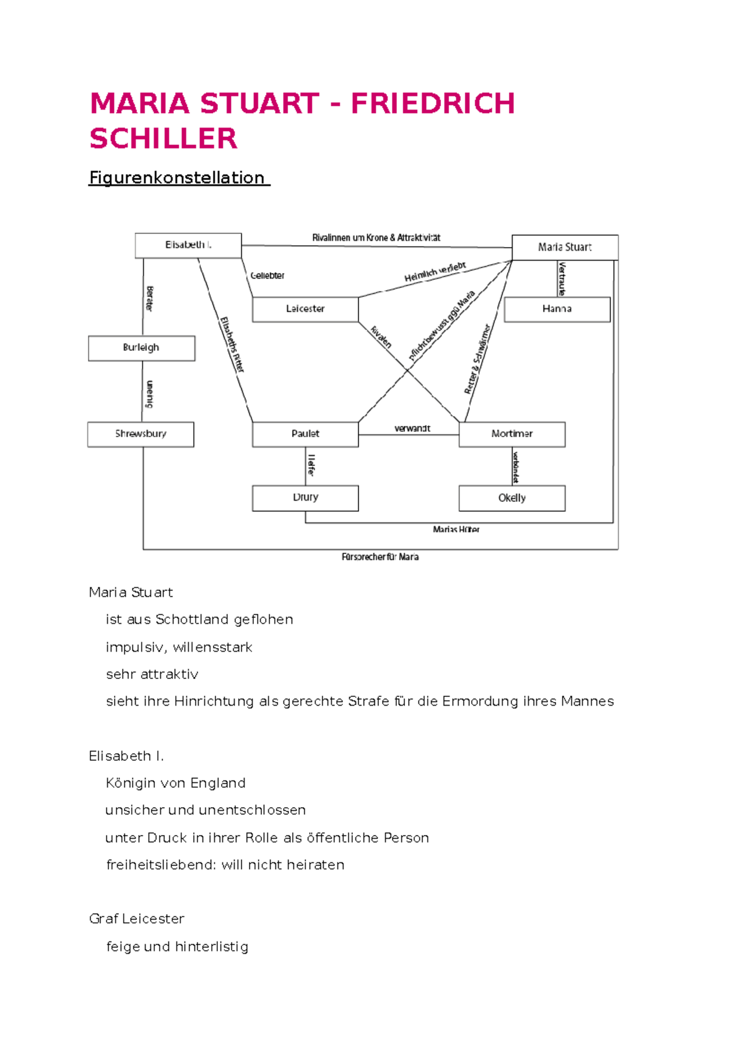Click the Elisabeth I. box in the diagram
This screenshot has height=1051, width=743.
point(188,245)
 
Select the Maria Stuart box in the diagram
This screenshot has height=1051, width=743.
point(565,247)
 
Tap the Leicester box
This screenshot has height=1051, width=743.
point(305,309)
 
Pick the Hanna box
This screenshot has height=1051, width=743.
point(557,309)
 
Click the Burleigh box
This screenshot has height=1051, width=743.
point(141,348)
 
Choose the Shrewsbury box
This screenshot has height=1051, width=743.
point(141,434)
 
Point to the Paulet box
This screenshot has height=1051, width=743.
point(305,434)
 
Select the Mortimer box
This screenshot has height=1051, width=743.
point(511,434)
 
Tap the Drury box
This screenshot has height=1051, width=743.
point(305,498)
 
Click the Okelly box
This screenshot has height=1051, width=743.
point(511,498)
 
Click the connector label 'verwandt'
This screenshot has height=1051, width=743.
point(412,428)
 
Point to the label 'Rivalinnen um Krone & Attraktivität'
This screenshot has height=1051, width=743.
point(376,238)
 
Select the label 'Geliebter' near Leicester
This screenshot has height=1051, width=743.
point(267,275)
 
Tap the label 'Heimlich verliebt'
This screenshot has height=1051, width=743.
point(435,272)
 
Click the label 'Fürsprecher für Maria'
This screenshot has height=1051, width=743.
point(380,557)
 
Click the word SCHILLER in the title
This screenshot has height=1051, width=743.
point(163,139)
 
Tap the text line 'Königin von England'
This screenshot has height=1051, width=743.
point(176,783)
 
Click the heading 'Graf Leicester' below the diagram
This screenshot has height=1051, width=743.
point(137,919)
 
